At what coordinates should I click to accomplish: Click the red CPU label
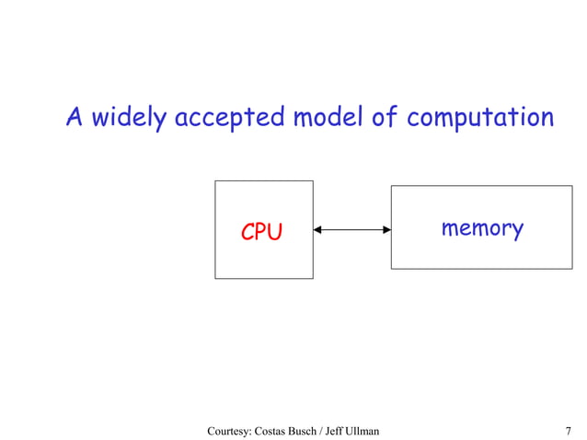261,233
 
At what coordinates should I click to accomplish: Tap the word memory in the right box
481,228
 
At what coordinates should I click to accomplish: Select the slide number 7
568,430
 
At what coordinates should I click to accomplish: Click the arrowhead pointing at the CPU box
317,230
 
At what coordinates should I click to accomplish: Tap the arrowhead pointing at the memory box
386,230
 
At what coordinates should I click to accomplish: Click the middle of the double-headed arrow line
352,230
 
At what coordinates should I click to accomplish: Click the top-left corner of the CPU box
215,180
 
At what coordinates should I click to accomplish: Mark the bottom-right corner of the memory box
571,269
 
